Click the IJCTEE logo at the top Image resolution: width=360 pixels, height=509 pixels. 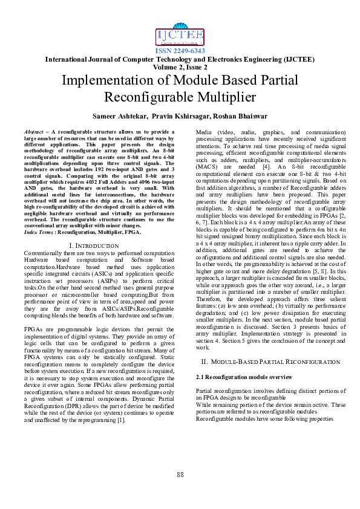pos(180,36)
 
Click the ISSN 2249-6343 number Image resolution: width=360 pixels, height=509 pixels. pos(180,51)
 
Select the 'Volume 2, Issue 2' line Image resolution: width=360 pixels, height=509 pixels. pos(180,67)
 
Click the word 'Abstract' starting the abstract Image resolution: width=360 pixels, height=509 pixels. pos(34,131)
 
